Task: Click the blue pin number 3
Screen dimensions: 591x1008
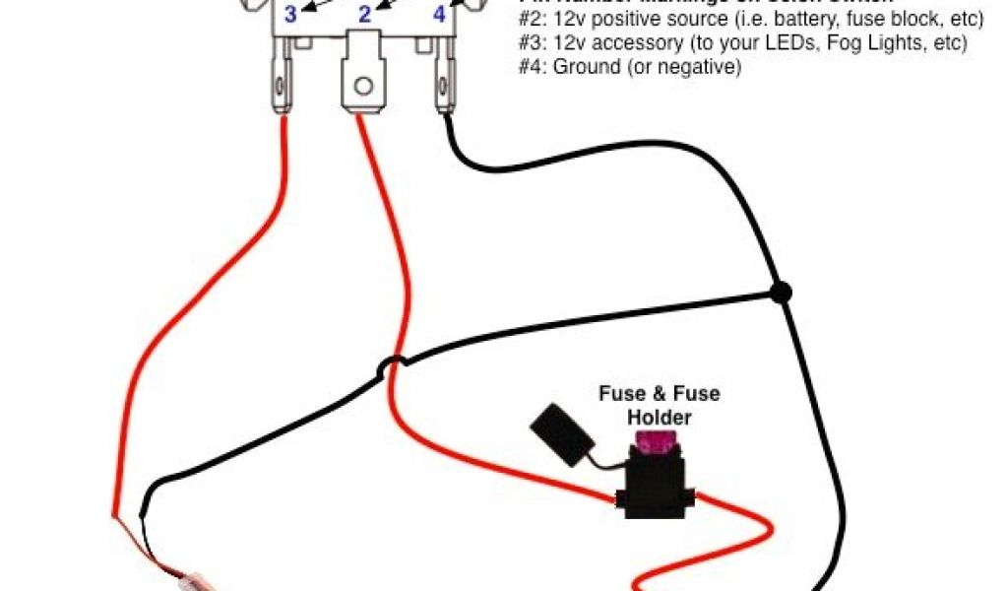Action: pyautogui.click(x=290, y=14)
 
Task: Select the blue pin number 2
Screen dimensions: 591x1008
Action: pyautogui.click(x=363, y=14)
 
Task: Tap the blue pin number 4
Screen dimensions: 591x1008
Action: pyautogui.click(x=439, y=15)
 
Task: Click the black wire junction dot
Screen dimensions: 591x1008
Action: pyautogui.click(x=781, y=292)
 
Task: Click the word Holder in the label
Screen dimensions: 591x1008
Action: pyautogui.click(x=660, y=418)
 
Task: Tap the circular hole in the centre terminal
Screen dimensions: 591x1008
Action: pyautogui.click(x=363, y=86)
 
